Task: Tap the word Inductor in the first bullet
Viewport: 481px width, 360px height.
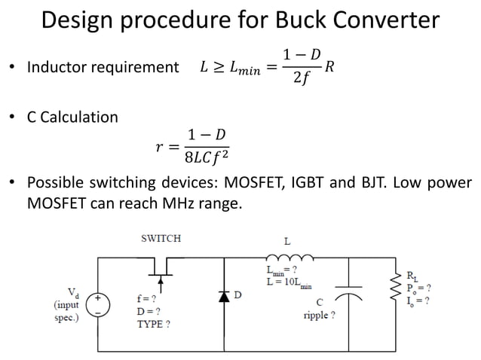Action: (x=54, y=68)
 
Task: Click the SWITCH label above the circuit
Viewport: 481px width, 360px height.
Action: (x=161, y=239)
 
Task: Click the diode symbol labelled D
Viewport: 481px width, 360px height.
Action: (x=223, y=296)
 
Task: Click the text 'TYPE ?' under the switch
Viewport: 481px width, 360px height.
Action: (x=153, y=325)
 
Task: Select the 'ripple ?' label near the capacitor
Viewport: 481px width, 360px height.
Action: (x=317, y=316)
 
